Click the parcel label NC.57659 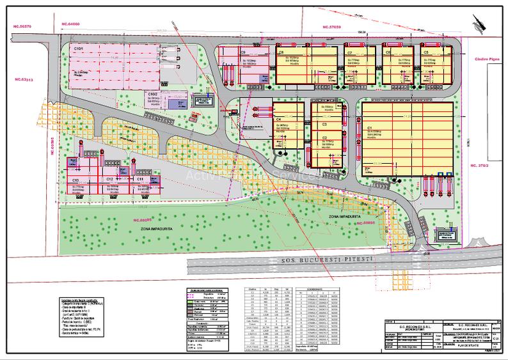337,27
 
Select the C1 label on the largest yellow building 370,128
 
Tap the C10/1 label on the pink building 79,49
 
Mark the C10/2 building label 153,93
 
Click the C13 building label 75,181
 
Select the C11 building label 139,180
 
